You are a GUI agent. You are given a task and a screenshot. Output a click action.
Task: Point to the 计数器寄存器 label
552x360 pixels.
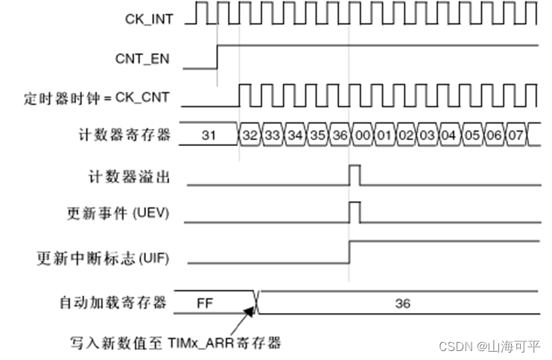point(124,136)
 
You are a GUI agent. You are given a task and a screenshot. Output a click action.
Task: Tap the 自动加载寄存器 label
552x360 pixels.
point(114,303)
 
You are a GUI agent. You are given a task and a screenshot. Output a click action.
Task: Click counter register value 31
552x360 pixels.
point(209,136)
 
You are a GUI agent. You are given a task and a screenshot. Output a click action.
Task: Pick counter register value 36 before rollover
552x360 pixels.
point(340,136)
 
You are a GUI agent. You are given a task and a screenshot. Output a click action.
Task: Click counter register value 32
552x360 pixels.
point(249,136)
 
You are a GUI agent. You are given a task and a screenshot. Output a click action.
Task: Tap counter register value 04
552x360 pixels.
point(448,136)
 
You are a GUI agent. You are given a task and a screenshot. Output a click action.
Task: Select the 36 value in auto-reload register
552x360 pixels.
point(402,303)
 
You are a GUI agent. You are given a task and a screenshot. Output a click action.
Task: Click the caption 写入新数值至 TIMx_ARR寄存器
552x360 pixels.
point(167,344)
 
